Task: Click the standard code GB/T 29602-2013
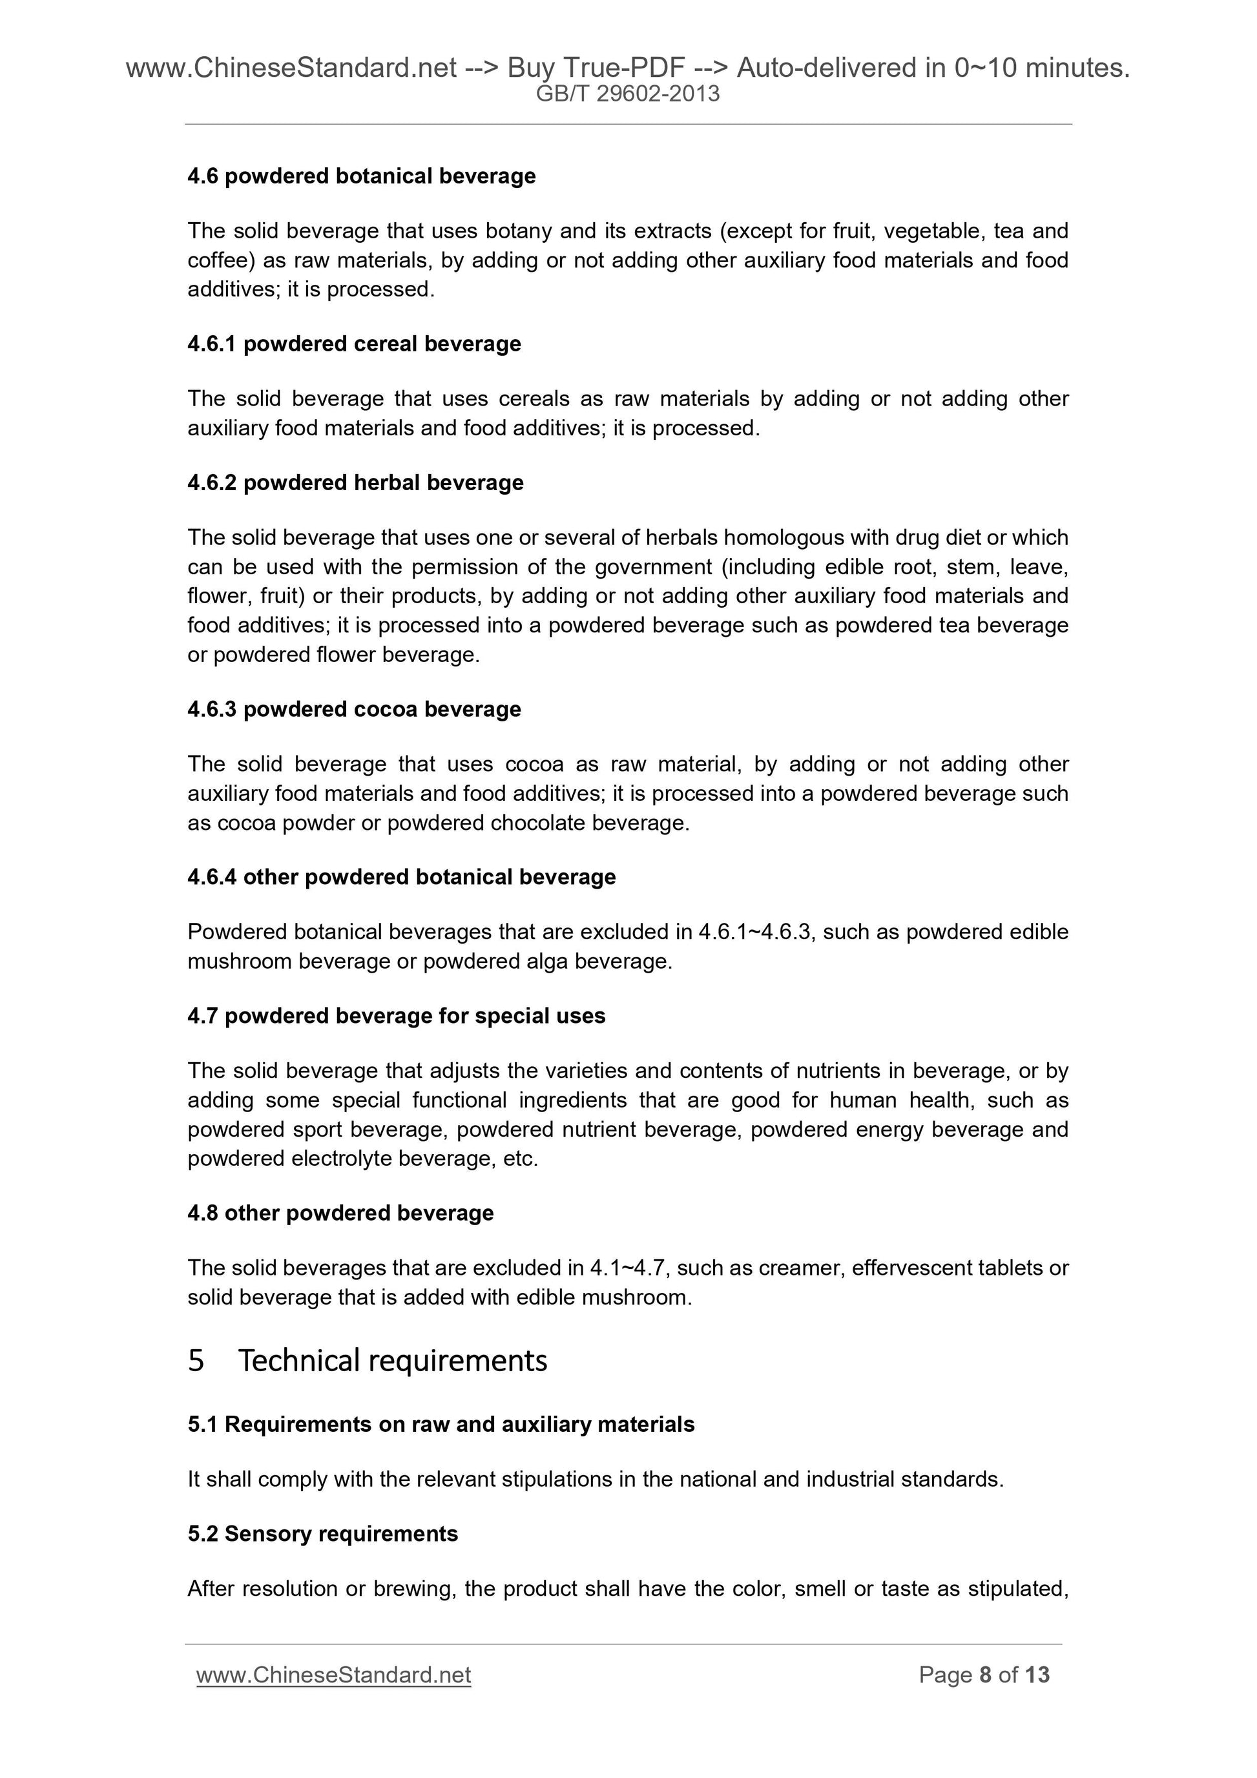coord(627,94)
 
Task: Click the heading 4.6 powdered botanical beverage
coord(361,176)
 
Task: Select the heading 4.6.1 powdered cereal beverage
coord(354,343)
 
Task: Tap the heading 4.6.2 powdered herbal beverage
coord(355,482)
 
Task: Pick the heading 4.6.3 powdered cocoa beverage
coord(354,708)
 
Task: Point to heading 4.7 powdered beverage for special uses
coord(396,1015)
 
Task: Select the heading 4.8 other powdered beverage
coord(340,1212)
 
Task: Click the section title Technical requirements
coord(392,1360)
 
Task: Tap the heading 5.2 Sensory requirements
coord(322,1533)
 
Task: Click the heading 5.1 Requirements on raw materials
coord(441,1424)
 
